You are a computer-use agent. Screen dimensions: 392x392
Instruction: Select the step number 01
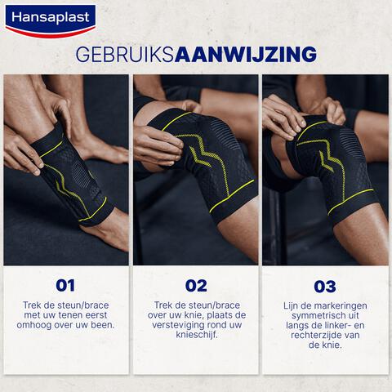click(x=65, y=286)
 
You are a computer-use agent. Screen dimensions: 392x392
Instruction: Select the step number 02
click(x=196, y=286)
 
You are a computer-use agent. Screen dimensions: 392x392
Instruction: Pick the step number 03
click(x=325, y=286)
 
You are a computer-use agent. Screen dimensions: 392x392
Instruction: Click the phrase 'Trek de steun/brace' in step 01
click(x=65, y=305)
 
